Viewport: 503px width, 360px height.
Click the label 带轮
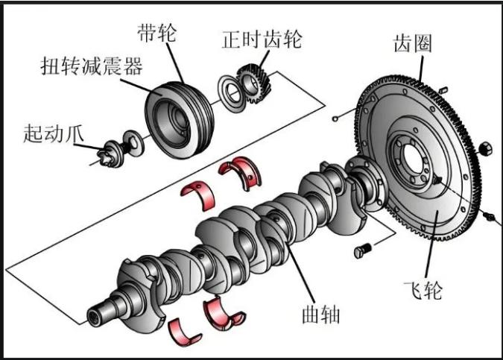157,33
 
